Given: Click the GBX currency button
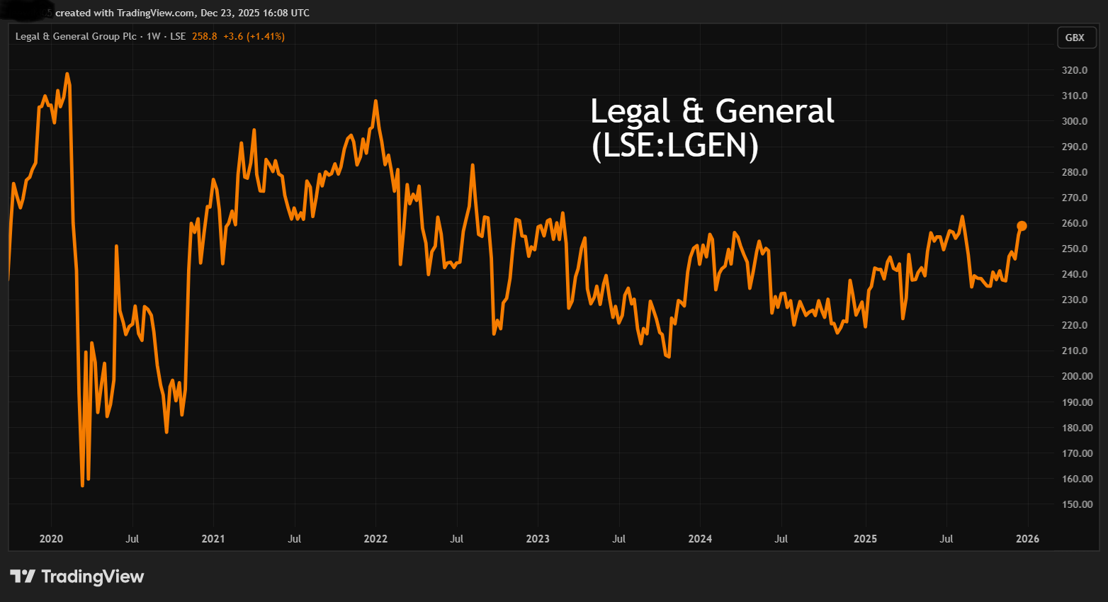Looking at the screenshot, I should [x=1075, y=38].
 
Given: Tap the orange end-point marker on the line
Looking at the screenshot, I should [x=1022, y=226].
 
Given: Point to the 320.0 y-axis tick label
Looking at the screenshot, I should [x=1075, y=70].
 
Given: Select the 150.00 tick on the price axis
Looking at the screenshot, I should [x=1077, y=504].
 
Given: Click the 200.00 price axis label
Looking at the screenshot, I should [x=1077, y=376].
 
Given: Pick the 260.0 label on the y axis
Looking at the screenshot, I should [x=1075, y=223].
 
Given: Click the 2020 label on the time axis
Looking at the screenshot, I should [x=51, y=539].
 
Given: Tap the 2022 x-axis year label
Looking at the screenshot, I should [x=375, y=539].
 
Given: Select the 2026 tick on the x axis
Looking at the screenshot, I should [x=1027, y=539].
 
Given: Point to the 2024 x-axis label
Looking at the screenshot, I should [x=700, y=539].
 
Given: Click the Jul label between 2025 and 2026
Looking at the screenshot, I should [x=946, y=539].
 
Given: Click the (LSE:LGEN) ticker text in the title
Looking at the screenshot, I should [x=675, y=146].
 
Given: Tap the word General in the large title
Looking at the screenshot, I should [x=774, y=111].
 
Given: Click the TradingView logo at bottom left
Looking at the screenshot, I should [x=77, y=577].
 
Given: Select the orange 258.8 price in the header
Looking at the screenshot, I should [x=205, y=36].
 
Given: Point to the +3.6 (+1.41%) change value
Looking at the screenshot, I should [x=254, y=36].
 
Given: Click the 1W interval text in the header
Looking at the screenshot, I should [x=153, y=36].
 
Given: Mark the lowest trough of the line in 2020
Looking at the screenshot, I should [x=83, y=485].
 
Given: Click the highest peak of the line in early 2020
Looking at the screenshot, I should [x=67, y=74].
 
